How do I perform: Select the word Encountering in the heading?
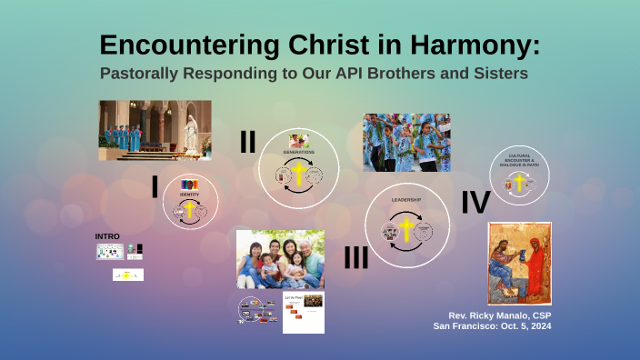click(182, 45)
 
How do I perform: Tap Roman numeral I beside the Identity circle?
click(155, 186)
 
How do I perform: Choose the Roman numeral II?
click(247, 142)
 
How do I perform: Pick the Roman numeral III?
click(355, 258)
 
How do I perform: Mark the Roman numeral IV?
click(475, 202)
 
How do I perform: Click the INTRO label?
click(107, 236)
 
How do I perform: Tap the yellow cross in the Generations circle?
click(298, 174)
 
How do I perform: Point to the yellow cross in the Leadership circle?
click(406, 230)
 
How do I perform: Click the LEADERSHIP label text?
click(406, 199)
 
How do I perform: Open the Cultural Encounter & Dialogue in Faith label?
click(521, 159)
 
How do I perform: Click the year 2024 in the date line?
click(536, 325)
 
